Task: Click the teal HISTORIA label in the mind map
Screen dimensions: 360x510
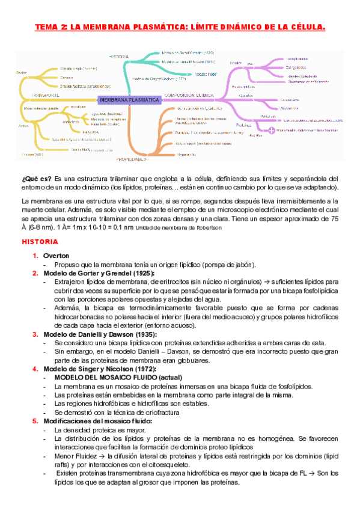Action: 119,57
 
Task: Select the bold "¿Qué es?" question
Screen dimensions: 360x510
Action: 36,179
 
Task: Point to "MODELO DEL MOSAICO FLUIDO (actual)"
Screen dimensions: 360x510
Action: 114,377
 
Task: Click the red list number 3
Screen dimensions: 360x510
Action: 35,334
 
